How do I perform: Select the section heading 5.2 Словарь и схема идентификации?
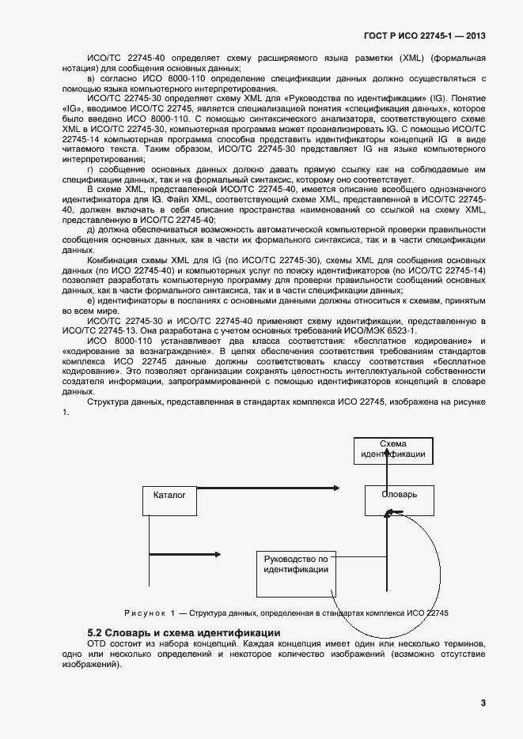pos(183,633)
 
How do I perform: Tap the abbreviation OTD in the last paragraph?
pos(96,644)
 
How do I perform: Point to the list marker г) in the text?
pos(91,170)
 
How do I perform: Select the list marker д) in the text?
pos(91,229)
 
